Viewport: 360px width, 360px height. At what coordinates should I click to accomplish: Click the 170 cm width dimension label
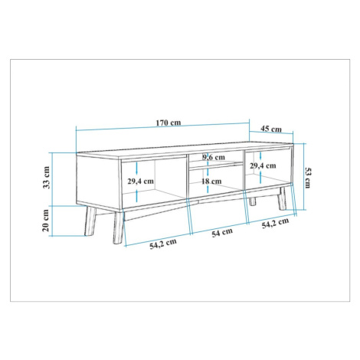coord(169,123)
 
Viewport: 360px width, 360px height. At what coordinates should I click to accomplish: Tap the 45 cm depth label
coord(271,129)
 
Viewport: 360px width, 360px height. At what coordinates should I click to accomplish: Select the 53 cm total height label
coord(307,178)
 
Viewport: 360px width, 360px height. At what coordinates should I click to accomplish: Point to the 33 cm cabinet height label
coord(46,177)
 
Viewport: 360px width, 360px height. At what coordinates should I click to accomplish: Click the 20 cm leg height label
coord(46,221)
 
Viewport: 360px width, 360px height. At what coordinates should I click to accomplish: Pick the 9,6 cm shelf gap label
coord(214,157)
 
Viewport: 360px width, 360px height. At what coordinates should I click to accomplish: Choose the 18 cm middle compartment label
coord(211,182)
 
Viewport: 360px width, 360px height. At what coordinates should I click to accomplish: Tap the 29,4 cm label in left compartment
coord(141,182)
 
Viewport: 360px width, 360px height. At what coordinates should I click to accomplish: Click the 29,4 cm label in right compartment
coord(263,165)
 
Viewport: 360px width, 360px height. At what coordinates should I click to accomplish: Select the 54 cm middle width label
coord(222,233)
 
